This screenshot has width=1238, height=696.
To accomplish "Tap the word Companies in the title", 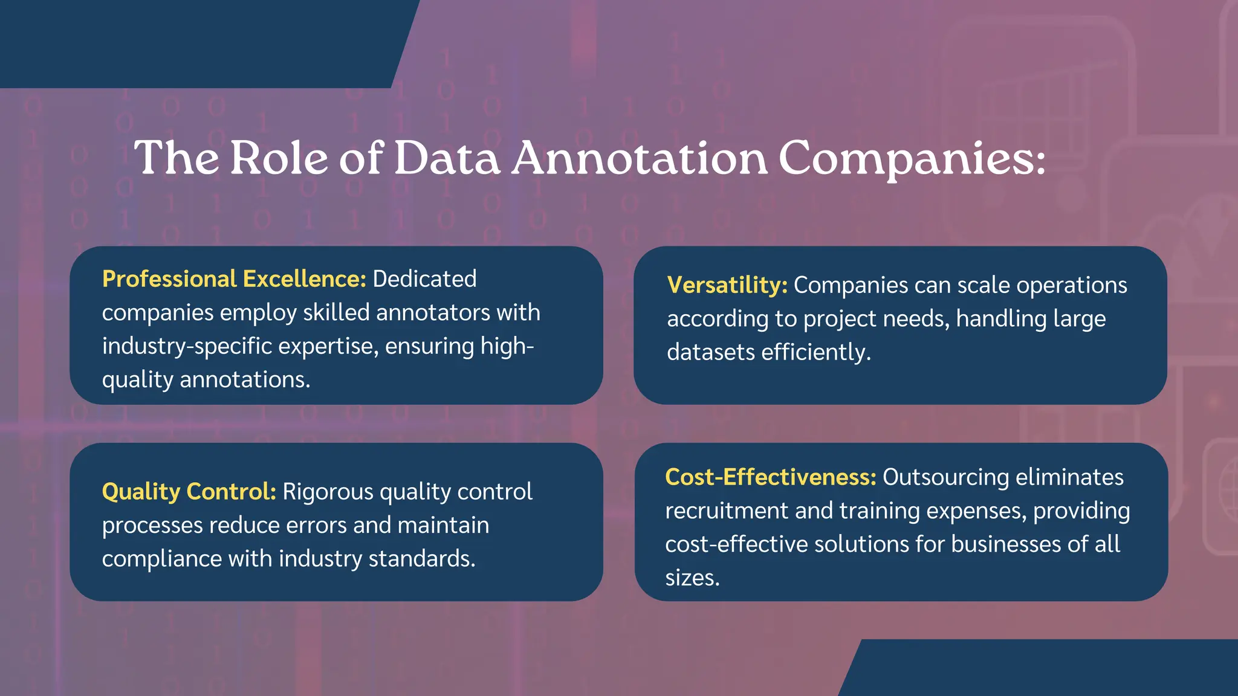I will click(911, 158).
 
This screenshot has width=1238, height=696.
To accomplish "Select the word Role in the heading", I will click(279, 158).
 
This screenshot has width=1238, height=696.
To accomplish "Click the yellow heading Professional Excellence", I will click(234, 279).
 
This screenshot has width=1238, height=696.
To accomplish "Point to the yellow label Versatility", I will click(727, 285).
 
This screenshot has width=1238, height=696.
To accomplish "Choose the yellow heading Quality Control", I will click(189, 492).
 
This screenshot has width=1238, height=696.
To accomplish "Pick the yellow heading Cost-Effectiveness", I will click(770, 477).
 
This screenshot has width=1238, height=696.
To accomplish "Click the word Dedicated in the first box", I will click(424, 279).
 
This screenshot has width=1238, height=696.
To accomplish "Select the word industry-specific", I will click(187, 346).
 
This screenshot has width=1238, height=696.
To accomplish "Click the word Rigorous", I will click(328, 492).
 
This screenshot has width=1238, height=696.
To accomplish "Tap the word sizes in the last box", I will click(692, 578).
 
